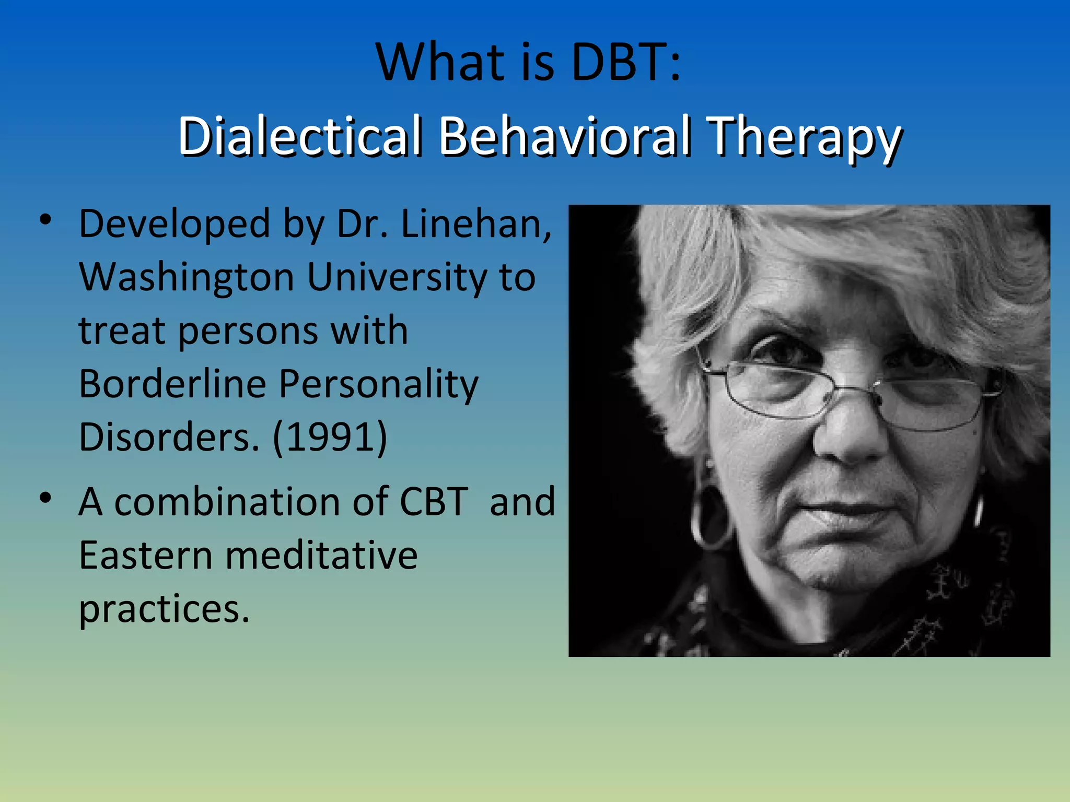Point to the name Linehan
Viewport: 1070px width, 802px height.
476,224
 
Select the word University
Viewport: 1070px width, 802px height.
397,278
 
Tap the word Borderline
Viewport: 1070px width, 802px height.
172,384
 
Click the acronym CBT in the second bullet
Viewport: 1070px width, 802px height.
434,502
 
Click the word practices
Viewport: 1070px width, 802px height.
164,609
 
